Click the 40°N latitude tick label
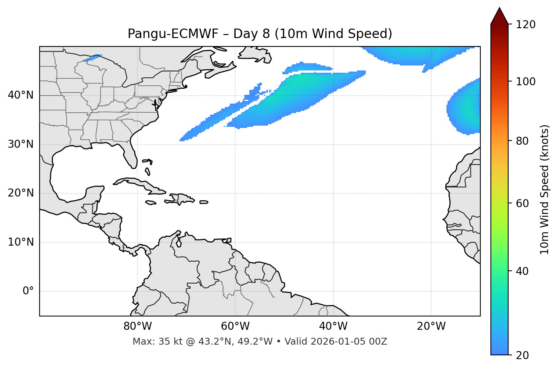21,95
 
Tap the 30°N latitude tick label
21,144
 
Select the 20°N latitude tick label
21,193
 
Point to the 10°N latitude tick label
21,242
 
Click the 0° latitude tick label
28,291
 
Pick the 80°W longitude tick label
137,326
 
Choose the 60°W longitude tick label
235,326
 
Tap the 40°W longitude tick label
333,326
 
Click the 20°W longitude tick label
431,326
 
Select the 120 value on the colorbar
525,25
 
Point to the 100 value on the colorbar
525,81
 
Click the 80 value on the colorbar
522,141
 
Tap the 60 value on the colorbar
522,203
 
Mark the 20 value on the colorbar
522,355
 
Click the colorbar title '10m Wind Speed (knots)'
545,189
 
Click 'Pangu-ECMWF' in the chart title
173,34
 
